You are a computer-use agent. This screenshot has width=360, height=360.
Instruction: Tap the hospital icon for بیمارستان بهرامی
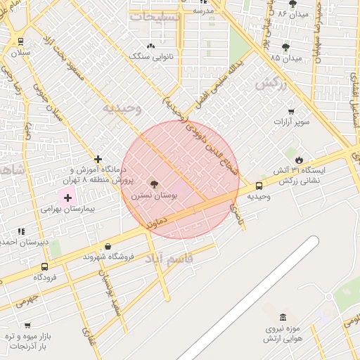[x=67, y=198]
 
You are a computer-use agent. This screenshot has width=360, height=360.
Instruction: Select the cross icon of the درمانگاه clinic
[x=98, y=160]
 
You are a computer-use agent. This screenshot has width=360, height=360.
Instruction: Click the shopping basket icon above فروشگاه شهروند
[x=107, y=246]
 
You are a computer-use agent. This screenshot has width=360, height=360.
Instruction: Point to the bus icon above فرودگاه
[x=45, y=266]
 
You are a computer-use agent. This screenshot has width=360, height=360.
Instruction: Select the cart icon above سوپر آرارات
[x=291, y=111]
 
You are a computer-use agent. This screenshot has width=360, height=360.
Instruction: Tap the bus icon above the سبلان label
[x=20, y=41]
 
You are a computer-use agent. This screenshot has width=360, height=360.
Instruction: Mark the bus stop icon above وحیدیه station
[x=259, y=186]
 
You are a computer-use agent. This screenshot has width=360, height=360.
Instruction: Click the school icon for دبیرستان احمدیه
[x=21, y=231]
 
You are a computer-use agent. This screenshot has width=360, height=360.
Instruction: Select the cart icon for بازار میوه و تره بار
[x=27, y=326]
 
